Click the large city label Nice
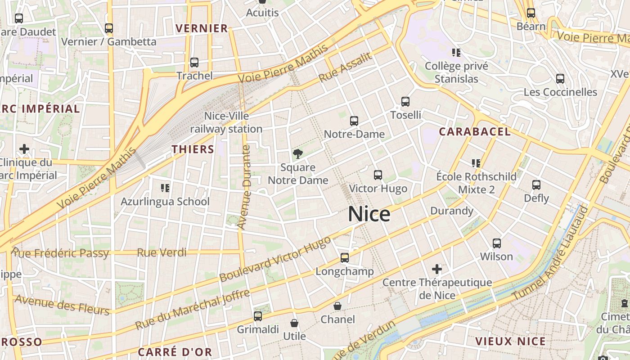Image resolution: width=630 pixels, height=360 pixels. pyautogui.click(x=369, y=214)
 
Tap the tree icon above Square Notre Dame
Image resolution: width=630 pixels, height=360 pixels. pyautogui.click(x=297, y=154)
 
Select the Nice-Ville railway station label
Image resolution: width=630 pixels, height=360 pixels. pyautogui.click(x=226, y=122)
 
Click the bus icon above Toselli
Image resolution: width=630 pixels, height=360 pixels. pyautogui.click(x=405, y=102)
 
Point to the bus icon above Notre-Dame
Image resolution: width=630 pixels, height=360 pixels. pyautogui.click(x=354, y=121)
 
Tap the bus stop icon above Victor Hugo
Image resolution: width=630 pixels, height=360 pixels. pyautogui.click(x=378, y=175)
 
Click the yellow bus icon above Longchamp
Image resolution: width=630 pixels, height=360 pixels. pyautogui.click(x=345, y=258)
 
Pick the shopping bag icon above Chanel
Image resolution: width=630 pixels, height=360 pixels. pyautogui.click(x=337, y=306)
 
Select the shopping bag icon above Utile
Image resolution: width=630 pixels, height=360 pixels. pyautogui.click(x=294, y=323)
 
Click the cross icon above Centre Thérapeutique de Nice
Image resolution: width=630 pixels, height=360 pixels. pyautogui.click(x=437, y=269)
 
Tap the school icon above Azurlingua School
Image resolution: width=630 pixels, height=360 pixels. pyautogui.click(x=165, y=188)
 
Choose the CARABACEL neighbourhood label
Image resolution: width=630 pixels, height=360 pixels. pyautogui.click(x=475, y=132)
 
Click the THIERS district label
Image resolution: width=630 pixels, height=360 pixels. pyautogui.click(x=193, y=149)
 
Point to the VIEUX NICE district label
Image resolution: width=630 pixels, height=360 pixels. pyautogui.click(x=510, y=341)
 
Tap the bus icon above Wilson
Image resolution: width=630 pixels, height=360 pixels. pyautogui.click(x=497, y=243)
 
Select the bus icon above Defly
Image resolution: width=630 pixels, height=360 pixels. pyautogui.click(x=536, y=185)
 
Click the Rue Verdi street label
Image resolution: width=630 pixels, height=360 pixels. pyautogui.click(x=162, y=252)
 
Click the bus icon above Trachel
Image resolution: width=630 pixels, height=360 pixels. pyautogui.click(x=194, y=63)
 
